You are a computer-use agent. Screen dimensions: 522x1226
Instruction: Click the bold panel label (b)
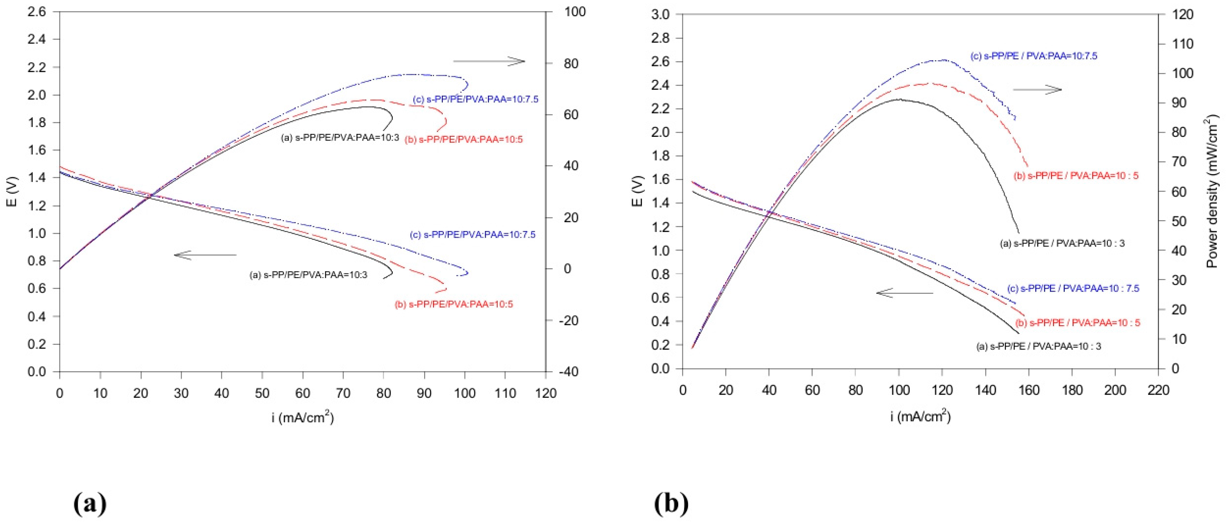tap(671, 503)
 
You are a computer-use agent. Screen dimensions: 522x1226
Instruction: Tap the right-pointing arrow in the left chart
tap(489, 61)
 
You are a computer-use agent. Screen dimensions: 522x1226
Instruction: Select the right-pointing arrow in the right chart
tap(1037, 89)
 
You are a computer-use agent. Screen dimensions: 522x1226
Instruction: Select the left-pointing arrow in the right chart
tap(904, 293)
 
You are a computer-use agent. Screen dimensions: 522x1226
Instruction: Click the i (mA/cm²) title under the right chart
tap(920, 417)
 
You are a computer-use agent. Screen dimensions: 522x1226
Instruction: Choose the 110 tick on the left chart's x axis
tap(505, 393)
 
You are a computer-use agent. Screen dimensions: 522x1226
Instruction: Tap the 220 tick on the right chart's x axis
tap(1158, 390)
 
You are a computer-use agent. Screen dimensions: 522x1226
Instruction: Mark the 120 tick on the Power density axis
tap(1182, 15)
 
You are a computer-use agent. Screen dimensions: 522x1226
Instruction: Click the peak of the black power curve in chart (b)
tap(899, 99)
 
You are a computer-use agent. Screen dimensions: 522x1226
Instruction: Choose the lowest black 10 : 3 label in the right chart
tap(1039, 346)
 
